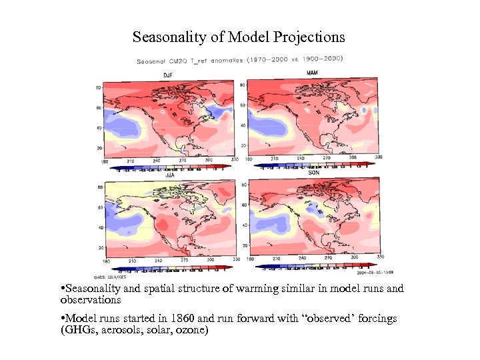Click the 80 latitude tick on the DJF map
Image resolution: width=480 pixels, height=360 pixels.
click(98, 87)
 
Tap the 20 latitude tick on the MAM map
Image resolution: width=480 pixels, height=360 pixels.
click(243, 145)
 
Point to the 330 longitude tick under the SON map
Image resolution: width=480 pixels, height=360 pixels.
click(380, 257)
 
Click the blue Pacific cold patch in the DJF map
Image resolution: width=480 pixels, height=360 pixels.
click(120, 125)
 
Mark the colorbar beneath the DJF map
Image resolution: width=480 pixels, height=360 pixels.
click(171, 167)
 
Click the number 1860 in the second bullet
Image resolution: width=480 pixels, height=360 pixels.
click(171, 319)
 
